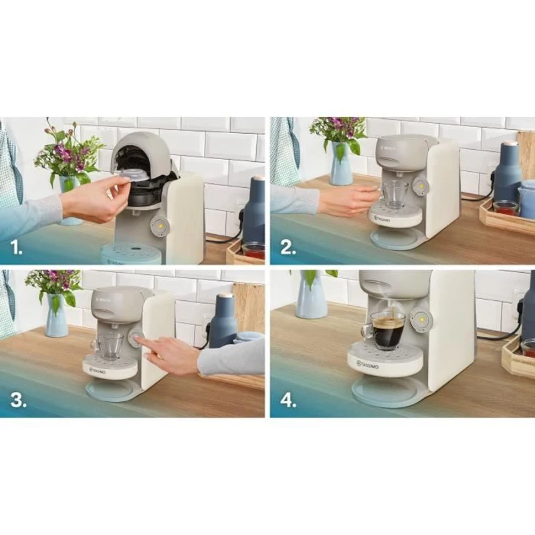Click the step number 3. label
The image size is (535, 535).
(x=17, y=401)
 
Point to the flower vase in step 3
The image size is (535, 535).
(x=56, y=314)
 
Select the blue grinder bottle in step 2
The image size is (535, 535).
(x=508, y=173)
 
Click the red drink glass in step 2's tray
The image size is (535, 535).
(x=506, y=208)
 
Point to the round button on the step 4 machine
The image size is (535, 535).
(x=421, y=320)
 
